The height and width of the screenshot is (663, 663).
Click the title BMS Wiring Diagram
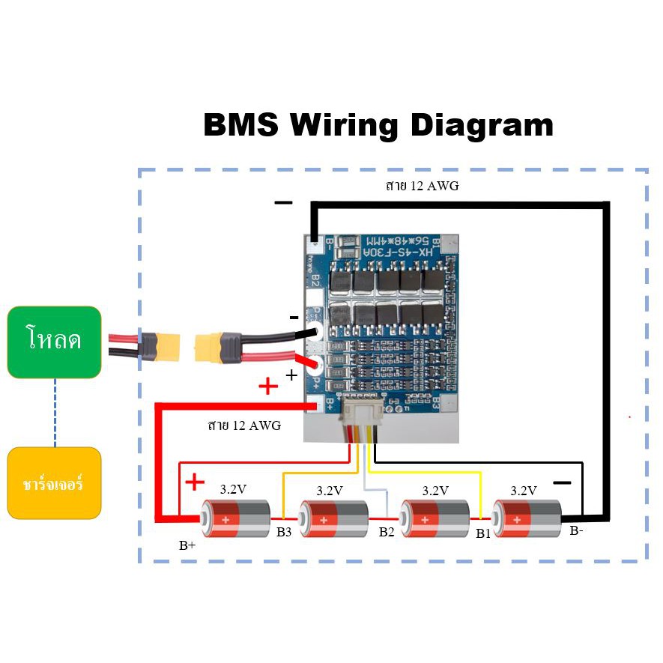coord(378,125)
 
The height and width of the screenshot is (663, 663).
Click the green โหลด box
coord(54,342)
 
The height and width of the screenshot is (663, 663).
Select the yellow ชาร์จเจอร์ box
coord(54,483)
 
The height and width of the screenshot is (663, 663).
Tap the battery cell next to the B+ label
coord(236,518)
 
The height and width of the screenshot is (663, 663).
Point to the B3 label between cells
coord(284,533)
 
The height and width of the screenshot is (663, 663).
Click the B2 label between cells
coord(386,533)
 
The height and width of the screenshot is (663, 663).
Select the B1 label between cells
coord(483,534)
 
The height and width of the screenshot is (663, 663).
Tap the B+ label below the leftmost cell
coord(187,546)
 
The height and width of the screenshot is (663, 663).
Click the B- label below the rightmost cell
coord(576,531)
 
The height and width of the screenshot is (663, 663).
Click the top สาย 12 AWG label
coord(422,187)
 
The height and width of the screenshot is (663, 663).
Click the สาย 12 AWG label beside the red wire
coord(244,426)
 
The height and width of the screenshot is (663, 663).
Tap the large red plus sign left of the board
coord(267,387)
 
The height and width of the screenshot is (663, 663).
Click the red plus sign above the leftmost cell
coord(194,482)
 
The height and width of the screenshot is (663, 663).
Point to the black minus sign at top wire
coord(283,203)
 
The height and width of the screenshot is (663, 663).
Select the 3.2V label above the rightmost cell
coord(524,491)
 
